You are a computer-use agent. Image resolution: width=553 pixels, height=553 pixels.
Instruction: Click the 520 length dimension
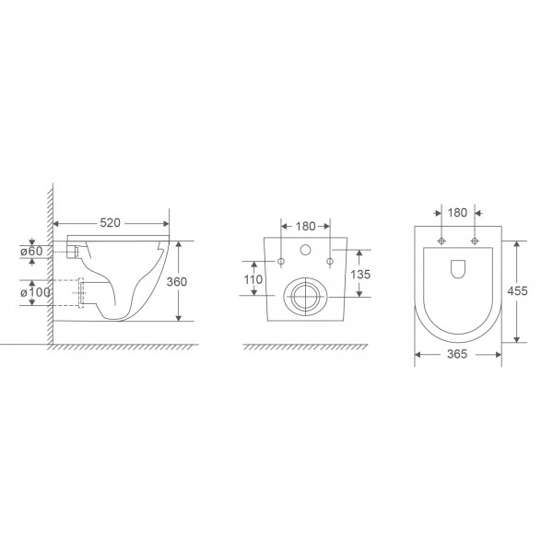pyautogui.click(x=112, y=224)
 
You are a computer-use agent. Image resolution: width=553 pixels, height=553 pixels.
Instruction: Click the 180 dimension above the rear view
pyautogui.click(x=305, y=225)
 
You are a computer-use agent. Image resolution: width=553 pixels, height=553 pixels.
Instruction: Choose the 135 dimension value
pyautogui.click(x=362, y=275)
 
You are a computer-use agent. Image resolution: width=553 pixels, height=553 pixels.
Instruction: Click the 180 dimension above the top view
pyautogui.click(x=458, y=212)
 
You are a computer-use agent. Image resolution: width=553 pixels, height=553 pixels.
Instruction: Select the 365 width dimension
pyautogui.click(x=458, y=353)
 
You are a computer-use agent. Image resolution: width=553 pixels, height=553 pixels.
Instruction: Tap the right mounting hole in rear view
pyautogui.click(x=329, y=261)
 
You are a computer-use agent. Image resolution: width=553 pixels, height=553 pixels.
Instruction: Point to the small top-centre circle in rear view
pyautogui.click(x=305, y=250)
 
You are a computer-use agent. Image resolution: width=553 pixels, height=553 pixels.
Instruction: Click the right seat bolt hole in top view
pyautogui.click(x=474, y=241)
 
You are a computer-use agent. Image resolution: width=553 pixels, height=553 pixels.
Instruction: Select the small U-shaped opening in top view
pyautogui.click(x=458, y=267)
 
